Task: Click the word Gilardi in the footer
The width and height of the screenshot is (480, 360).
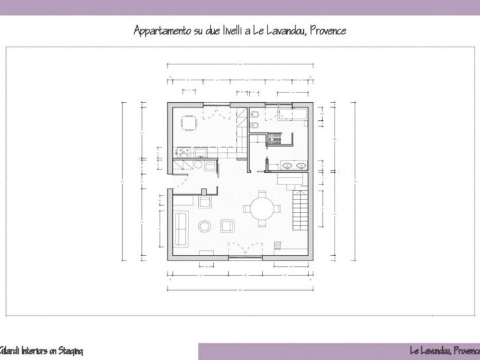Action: pyautogui.click(x=10, y=351)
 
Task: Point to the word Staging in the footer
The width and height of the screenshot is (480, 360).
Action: pyautogui.click(x=69, y=351)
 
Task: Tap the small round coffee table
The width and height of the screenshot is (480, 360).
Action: pyautogui.click(x=204, y=226)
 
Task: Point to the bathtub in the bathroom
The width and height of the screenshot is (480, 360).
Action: pyautogui.click(x=294, y=114)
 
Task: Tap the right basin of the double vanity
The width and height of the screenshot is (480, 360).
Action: pyautogui.click(x=301, y=165)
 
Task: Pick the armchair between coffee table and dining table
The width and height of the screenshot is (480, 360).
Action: pyautogui.click(x=226, y=226)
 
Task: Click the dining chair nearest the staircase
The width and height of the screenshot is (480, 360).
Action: pyautogui.click(x=279, y=209)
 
